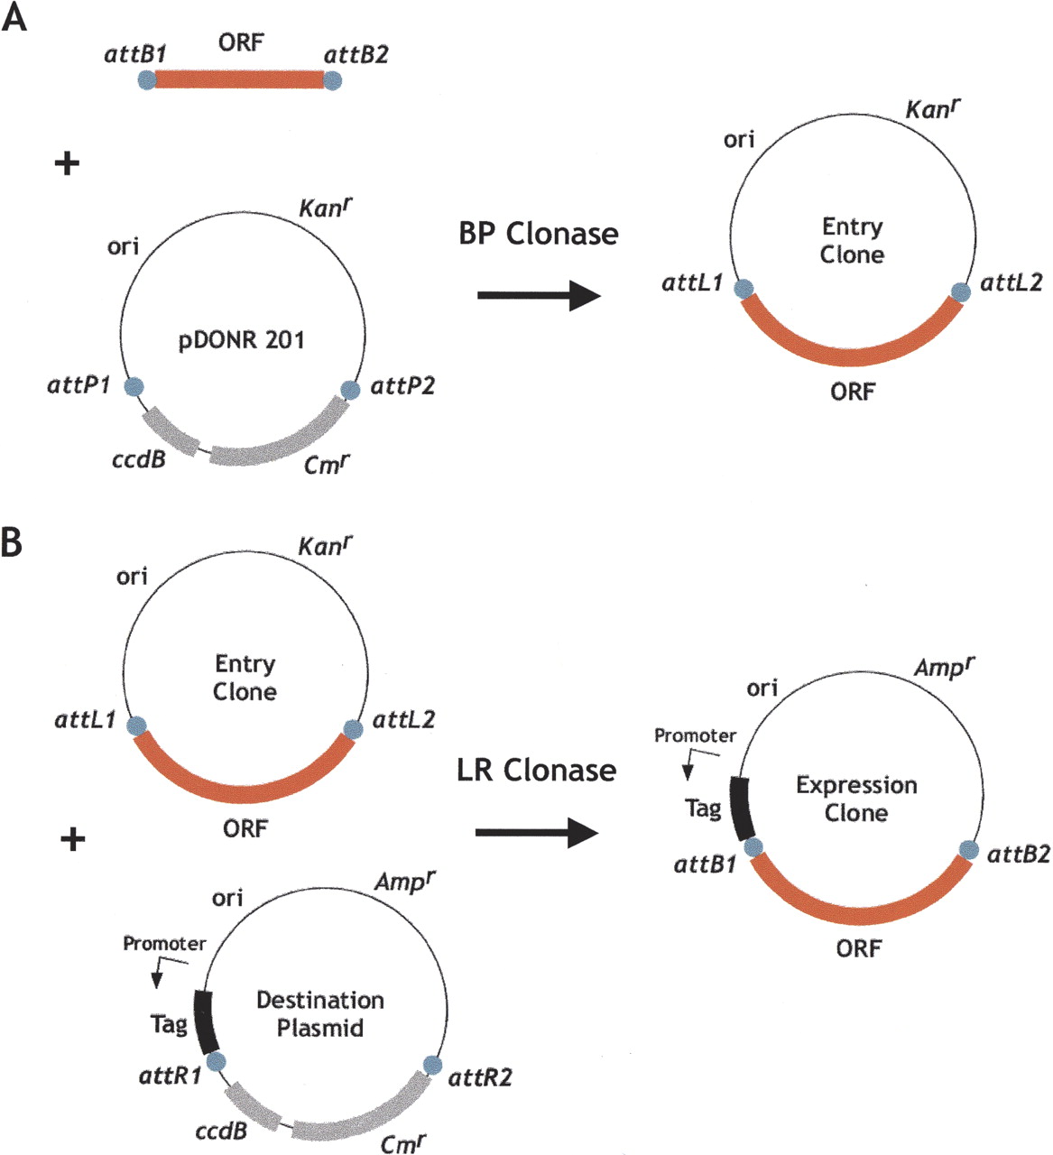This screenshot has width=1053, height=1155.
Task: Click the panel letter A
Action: pos(14,17)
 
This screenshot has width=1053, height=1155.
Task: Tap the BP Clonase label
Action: pos(539,234)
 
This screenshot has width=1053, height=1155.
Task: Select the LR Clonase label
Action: pos(537,770)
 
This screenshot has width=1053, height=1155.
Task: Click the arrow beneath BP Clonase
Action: pos(540,295)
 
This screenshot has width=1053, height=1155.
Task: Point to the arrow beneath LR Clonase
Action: pos(537,833)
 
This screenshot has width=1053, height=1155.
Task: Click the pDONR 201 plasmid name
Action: pos(241,339)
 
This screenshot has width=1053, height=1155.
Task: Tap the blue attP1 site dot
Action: pos(134,386)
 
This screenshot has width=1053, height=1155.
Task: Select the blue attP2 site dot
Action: pos(351,390)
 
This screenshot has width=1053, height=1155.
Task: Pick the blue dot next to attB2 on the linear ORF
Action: pos(333,80)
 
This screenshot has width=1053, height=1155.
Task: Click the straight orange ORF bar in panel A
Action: pos(239,79)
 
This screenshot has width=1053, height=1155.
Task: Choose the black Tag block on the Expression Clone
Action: pos(742,808)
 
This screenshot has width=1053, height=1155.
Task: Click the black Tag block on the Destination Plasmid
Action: pos(206,1022)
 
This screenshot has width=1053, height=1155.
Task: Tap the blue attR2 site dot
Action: pos(432,1065)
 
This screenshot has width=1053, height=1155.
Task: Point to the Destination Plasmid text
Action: pos(320,1014)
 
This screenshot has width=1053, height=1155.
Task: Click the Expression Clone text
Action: pos(856,799)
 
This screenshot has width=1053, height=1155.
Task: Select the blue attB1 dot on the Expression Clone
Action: pos(753,847)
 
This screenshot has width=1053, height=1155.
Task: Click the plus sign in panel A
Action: pos(67,163)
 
